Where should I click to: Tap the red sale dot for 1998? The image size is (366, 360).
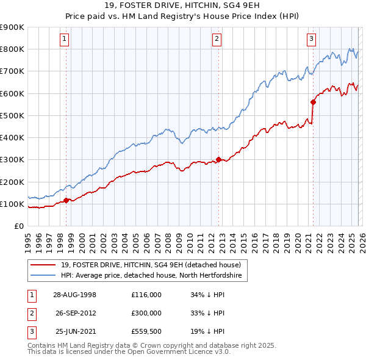pos(66,200)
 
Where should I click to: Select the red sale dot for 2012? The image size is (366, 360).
pos(218,159)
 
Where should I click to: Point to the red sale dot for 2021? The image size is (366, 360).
pos(313,102)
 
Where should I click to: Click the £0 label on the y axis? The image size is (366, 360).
pos(18,226)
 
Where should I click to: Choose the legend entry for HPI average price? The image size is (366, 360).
pos(151,276)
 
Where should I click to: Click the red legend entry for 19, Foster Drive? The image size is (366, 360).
pos(151,265)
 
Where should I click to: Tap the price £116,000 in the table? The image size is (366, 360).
pos(146,294)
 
